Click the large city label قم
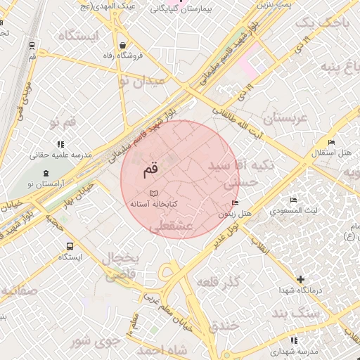[x=150, y=169]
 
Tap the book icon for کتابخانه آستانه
[x=153, y=193]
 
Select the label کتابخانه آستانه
[x=153, y=204]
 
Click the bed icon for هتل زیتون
[x=234, y=203]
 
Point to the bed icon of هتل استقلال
[x=332, y=142]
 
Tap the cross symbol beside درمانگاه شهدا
[x=301, y=280]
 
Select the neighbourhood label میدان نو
[x=142, y=81]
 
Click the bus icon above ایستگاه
[x=70, y=246]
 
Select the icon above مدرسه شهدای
[x=294, y=340]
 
